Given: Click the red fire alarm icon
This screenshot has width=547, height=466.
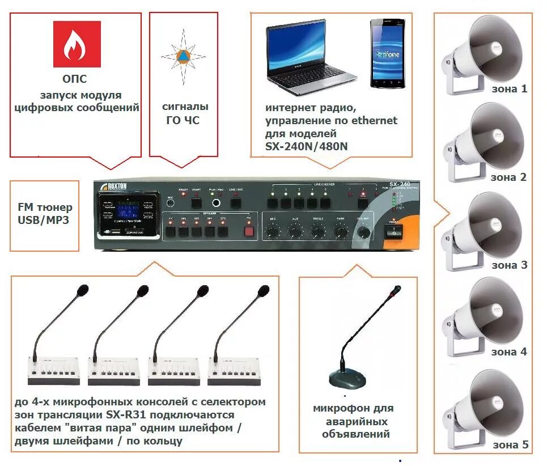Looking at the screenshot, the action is [x=77, y=44].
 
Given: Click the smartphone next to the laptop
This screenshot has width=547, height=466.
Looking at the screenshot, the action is [x=388, y=53].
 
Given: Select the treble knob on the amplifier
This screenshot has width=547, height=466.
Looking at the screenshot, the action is [x=317, y=230].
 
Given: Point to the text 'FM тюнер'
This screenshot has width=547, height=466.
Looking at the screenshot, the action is [x=45, y=207].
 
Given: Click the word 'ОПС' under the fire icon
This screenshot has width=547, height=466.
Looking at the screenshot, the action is [x=75, y=79].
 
